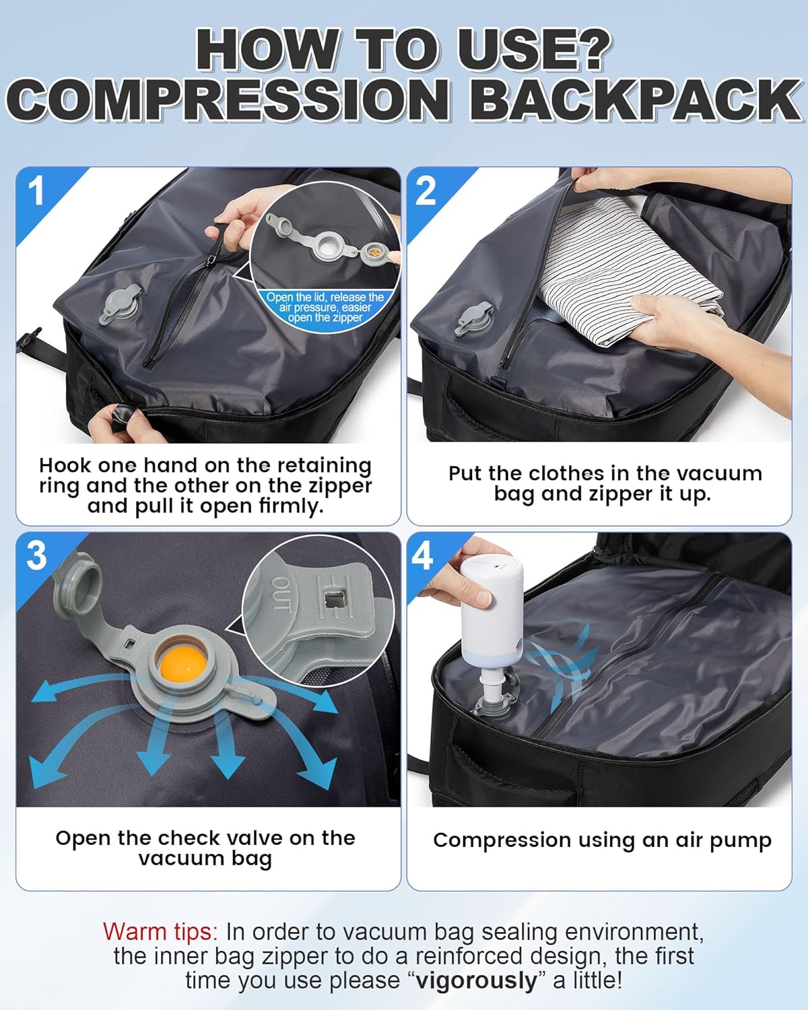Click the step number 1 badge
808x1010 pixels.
point(36,191)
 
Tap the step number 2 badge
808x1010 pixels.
point(426,191)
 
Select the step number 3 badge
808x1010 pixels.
point(36,555)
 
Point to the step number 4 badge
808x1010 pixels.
point(422,555)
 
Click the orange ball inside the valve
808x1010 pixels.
point(181,663)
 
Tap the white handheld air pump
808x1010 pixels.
point(492,619)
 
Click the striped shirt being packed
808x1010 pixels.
point(624,265)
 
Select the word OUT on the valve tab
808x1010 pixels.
point(281,593)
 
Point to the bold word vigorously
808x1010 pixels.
point(476,980)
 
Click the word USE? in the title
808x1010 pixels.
point(535,50)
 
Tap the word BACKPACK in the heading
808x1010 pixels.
point(636,100)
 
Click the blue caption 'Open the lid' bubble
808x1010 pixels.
point(325,308)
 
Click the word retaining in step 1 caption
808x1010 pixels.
point(325,466)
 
